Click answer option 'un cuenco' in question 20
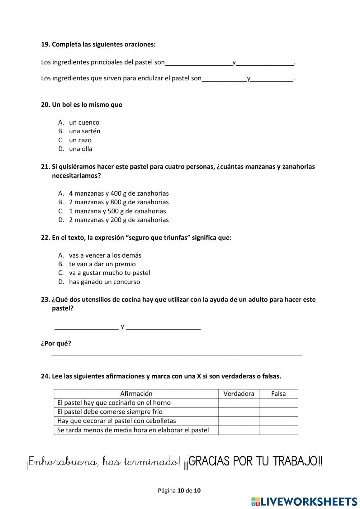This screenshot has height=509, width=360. point(84,122)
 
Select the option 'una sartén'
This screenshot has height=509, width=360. point(85,131)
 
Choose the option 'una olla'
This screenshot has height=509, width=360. point(81,149)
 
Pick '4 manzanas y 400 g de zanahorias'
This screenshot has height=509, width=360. point(119,193)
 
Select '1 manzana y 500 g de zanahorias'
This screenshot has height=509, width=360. point(117,211)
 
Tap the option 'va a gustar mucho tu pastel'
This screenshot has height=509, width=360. point(109,273)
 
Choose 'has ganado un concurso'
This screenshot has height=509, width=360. point(104,282)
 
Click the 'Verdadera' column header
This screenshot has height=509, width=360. point(239,394)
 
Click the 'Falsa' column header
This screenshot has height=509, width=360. point(278,394)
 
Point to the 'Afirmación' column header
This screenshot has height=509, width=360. point(136,394)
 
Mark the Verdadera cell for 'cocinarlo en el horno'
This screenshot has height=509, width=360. point(239,403)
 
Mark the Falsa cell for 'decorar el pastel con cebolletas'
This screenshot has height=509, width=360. point(278,421)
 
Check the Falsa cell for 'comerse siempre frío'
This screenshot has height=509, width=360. point(278,412)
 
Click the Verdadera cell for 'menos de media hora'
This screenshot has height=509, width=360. point(239,430)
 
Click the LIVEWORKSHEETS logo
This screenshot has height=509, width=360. point(304,501)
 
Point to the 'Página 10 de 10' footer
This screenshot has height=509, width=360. point(179,490)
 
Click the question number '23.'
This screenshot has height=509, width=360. point(45,300)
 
